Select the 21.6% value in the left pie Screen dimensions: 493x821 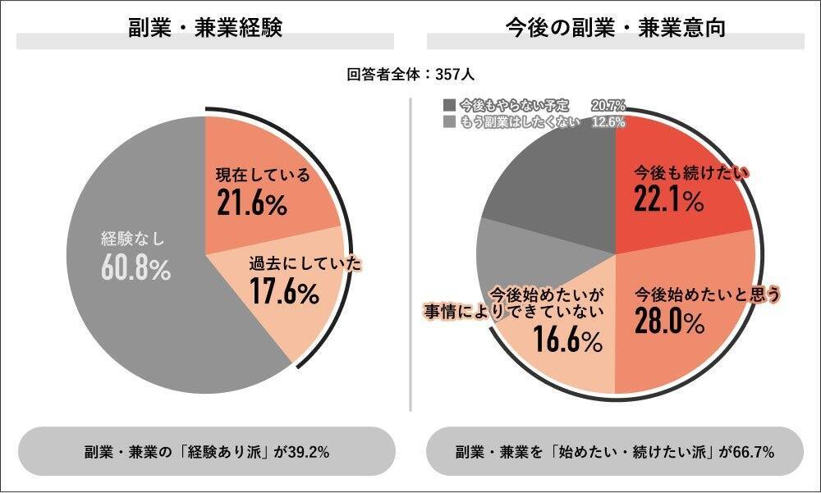click(252, 202)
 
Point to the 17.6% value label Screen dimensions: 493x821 click(284, 292)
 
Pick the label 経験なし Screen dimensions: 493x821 click(133, 240)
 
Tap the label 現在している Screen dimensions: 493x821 click(263, 176)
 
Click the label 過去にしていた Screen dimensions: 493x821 click(305, 265)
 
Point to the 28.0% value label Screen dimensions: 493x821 click(669, 322)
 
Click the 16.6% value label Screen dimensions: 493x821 click(567, 340)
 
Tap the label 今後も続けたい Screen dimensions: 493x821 click(692, 173)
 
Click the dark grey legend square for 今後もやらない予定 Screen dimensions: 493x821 click(448, 105)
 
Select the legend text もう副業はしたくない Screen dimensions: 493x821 click(519, 122)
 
